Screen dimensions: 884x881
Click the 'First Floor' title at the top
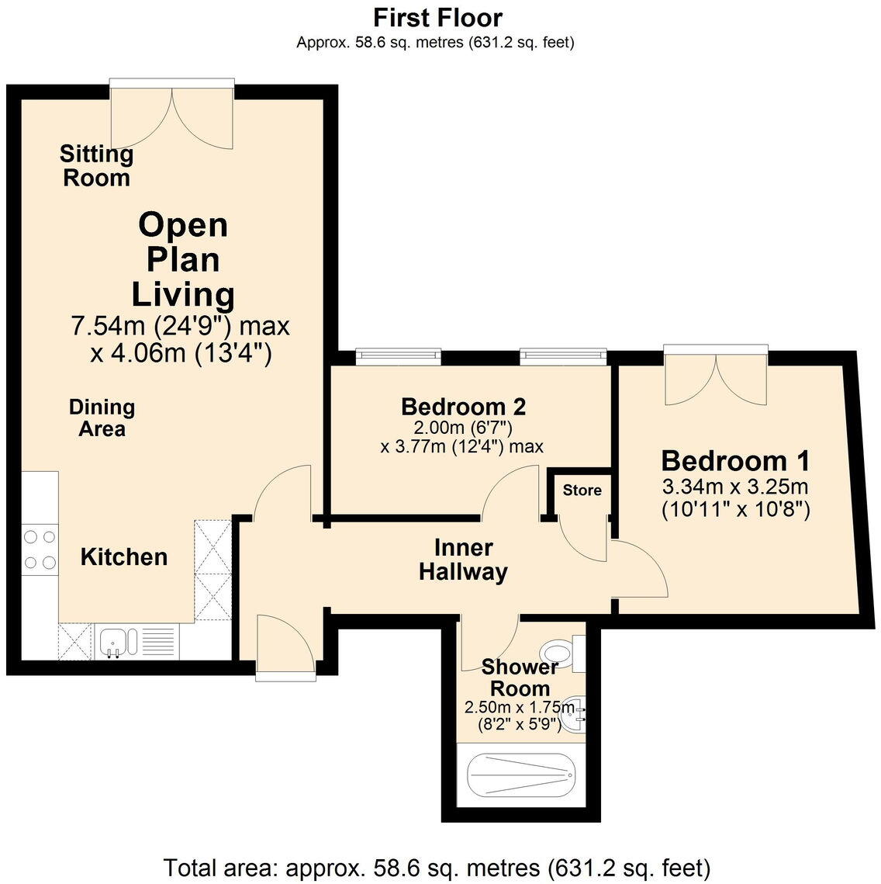click(x=437, y=17)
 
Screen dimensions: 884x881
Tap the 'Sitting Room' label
click(x=96, y=165)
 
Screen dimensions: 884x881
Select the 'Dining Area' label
click(x=102, y=418)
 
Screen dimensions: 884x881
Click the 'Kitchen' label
click(x=124, y=556)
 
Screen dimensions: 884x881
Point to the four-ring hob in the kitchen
click(x=40, y=549)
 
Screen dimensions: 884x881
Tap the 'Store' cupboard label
click(x=582, y=490)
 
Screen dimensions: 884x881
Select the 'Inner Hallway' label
click(x=463, y=560)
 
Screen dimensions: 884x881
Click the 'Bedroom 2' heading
click(x=463, y=406)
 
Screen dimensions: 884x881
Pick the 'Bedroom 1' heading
click(x=735, y=461)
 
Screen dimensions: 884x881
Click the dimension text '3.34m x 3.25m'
click(x=735, y=487)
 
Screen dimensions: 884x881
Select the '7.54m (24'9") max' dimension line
click(x=180, y=326)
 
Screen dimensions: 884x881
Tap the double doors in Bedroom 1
click(x=716, y=377)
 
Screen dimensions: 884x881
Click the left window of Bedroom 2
click(x=398, y=355)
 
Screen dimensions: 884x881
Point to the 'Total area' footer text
click(x=437, y=866)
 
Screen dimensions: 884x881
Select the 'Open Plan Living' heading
click(x=183, y=259)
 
